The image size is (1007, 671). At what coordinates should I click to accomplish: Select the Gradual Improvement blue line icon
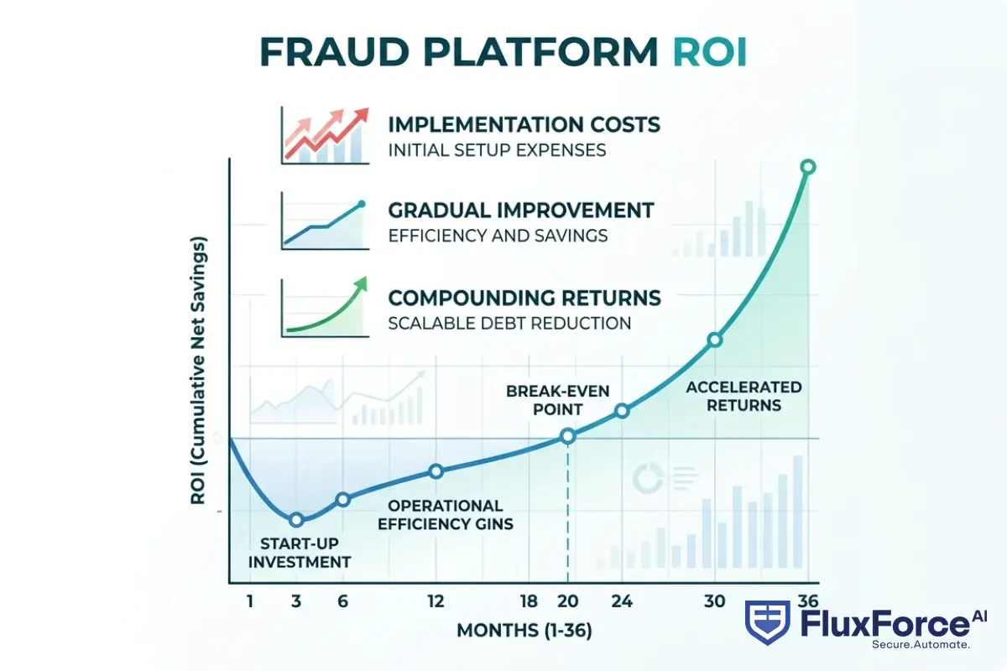pos(324,223)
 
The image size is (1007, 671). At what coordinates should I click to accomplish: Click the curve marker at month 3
pos(295,520)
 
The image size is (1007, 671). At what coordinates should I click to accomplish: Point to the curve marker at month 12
pos(436,471)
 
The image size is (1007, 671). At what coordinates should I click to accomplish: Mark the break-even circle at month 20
pos(568,435)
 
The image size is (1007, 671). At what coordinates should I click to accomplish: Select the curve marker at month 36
pos(807,167)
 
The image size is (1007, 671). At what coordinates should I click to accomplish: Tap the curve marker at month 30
pos(714,340)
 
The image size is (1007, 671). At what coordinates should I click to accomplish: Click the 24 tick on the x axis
pos(622,601)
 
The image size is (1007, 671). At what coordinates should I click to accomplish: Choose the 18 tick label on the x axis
pos(529,601)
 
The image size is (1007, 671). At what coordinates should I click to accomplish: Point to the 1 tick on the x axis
pos(249,601)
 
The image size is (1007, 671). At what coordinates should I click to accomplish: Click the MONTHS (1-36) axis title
pos(524,631)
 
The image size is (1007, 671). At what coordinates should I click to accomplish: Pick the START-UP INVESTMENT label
pos(300,554)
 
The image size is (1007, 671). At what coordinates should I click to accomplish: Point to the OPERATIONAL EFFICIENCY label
pos(446,515)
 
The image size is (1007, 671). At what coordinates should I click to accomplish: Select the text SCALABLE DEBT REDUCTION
pos(509,323)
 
